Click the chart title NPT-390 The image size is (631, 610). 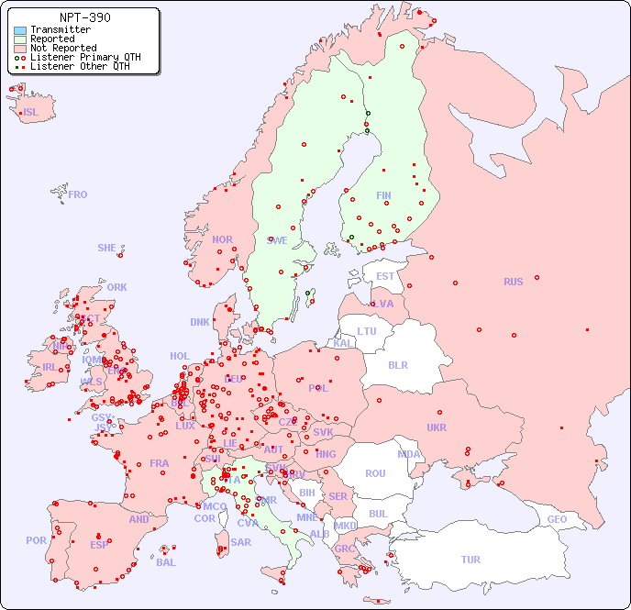coord(84,17)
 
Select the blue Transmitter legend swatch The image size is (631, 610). coord(20,30)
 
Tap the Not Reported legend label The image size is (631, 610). coord(63,48)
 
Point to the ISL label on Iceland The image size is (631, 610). coord(31,113)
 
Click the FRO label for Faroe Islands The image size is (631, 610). coord(78,194)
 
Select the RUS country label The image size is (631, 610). coord(513,282)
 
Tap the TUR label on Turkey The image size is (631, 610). coord(470,560)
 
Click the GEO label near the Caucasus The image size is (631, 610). coord(557,519)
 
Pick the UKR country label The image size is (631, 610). coord(437,427)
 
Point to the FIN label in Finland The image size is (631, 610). coord(383,195)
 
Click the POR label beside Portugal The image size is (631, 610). coord(36,540)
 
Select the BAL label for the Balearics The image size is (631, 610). coord(166,562)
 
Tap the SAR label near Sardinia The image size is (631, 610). coord(241,542)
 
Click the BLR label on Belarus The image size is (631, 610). coord(398,364)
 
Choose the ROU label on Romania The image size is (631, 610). coord(375,473)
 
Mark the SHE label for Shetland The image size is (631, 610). coord(107,248)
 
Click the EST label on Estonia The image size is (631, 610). coord(385,276)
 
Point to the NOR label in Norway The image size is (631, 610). coord(222,239)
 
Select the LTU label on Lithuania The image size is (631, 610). coord(367,331)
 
